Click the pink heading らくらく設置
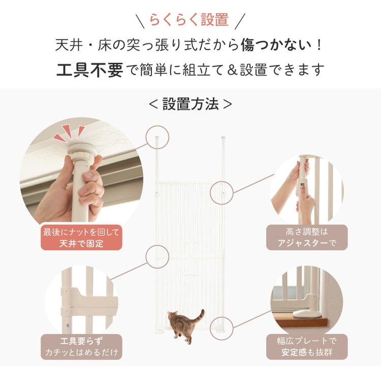(x=189, y=20)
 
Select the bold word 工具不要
(x=89, y=69)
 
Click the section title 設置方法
(x=190, y=104)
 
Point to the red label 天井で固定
(x=81, y=238)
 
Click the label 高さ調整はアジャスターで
(x=307, y=237)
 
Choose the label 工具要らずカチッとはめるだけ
(x=81, y=347)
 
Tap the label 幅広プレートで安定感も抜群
(x=307, y=347)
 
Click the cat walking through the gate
(x=183, y=325)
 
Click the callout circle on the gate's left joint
(x=157, y=257)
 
